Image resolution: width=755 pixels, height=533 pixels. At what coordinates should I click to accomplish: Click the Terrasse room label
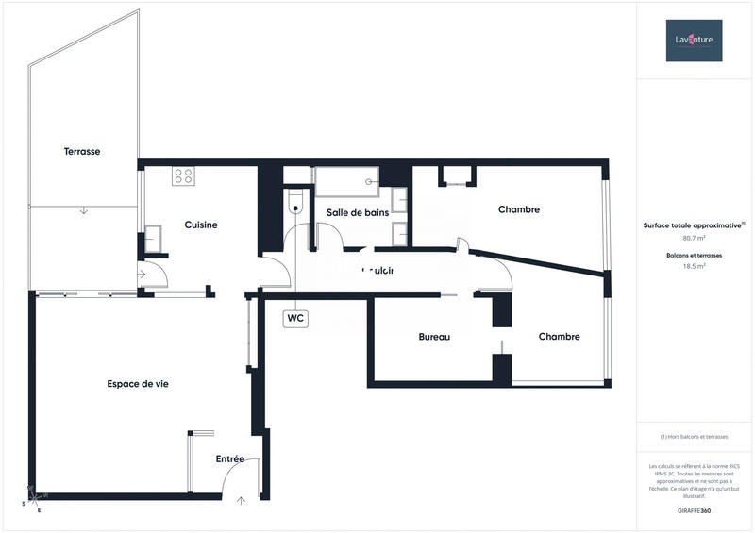(82, 151)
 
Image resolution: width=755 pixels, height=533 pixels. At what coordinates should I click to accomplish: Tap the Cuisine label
(201, 225)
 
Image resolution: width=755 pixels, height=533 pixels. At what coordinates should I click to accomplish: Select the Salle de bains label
(358, 212)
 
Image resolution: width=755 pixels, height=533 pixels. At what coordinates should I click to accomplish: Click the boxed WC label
(295, 319)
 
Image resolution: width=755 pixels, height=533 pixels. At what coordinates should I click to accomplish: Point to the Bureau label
(434, 337)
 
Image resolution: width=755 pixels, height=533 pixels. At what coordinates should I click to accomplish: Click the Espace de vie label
(138, 383)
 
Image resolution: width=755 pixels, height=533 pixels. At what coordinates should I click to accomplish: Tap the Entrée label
(230, 459)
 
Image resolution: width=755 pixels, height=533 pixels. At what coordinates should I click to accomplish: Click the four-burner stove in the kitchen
(183, 175)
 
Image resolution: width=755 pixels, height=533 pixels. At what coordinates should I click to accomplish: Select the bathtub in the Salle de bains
(345, 181)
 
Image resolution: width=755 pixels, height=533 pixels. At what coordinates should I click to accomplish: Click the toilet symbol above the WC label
(295, 203)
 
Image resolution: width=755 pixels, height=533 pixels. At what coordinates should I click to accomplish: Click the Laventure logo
(694, 40)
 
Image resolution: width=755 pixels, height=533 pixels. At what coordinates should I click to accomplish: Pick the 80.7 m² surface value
(694, 238)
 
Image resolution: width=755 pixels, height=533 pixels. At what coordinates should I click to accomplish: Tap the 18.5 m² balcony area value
(694, 267)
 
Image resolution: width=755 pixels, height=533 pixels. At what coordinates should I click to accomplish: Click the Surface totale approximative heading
(694, 225)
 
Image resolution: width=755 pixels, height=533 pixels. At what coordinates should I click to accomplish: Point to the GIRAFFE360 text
(694, 509)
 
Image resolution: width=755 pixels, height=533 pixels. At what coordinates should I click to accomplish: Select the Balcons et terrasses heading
(694, 256)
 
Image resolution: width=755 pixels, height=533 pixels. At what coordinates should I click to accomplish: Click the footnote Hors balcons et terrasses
(694, 437)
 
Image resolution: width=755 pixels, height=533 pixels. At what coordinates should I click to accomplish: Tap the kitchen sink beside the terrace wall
(153, 235)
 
